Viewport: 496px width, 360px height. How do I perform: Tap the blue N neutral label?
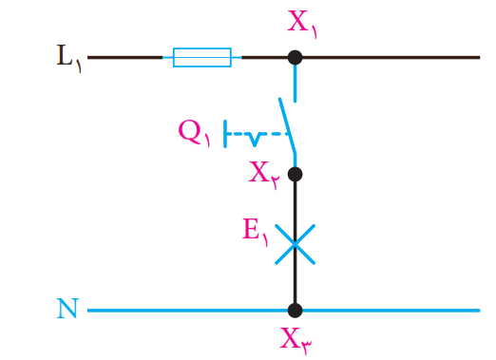point(67,308)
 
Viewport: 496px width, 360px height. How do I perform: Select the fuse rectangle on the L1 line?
point(202,57)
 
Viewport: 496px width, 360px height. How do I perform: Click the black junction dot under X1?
point(295,58)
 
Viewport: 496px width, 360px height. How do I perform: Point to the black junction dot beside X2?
point(295,174)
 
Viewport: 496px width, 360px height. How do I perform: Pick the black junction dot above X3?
point(295,311)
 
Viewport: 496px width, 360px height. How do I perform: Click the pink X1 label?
point(302,24)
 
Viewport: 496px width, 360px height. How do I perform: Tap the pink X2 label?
point(264,175)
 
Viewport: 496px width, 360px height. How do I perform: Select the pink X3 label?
point(296,341)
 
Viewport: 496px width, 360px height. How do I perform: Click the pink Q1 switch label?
point(194,133)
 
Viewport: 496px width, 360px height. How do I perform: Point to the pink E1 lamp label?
point(256,232)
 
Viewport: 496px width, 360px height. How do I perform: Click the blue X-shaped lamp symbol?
point(295,244)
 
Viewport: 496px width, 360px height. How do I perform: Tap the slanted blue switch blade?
point(288,126)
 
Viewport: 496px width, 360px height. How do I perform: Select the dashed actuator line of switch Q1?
point(258,134)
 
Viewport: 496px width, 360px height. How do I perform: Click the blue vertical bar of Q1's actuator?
point(225,134)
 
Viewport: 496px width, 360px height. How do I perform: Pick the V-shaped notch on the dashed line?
point(255,140)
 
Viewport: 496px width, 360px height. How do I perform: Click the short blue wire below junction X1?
point(296,84)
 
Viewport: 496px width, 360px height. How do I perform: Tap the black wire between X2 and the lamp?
point(295,203)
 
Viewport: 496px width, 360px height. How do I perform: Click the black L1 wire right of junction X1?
point(391,57)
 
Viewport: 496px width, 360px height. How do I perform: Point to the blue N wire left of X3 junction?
point(187,311)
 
